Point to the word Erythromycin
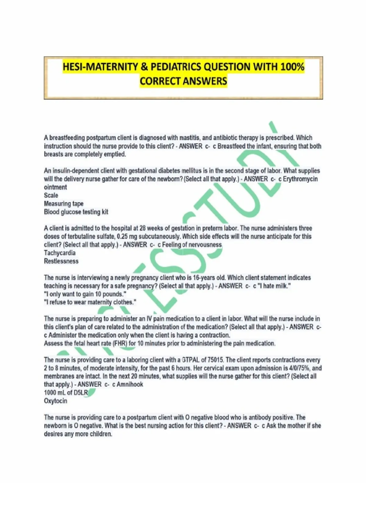point(300,179)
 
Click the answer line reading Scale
point(51,195)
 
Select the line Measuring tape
point(64,204)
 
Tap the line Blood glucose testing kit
point(76,212)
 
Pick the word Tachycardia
point(60,253)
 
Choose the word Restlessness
point(61,261)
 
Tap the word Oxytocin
point(56,401)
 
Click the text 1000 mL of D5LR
point(66,393)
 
